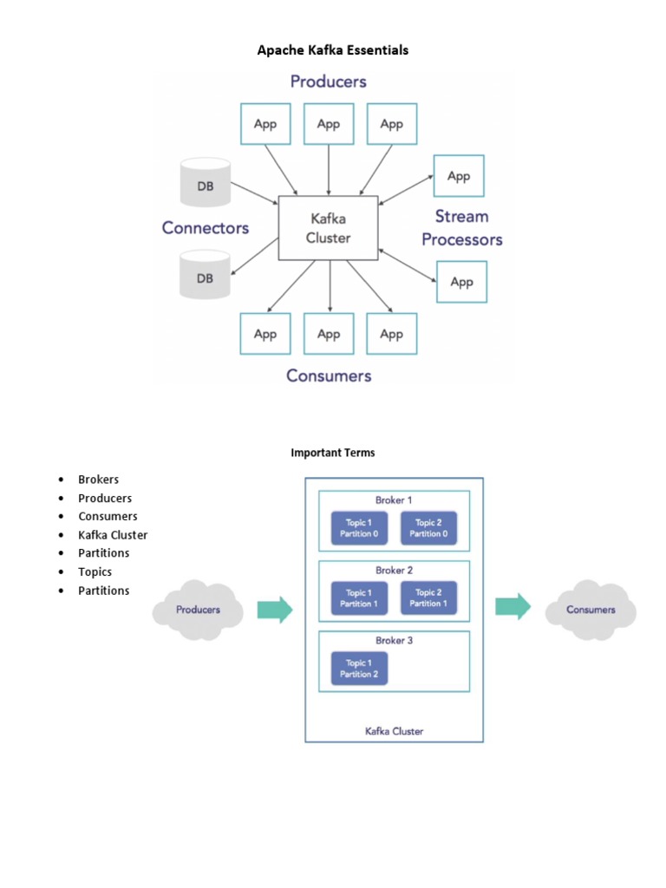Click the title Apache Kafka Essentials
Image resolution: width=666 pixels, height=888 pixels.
pos(332,50)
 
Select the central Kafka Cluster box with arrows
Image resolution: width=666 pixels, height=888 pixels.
pos(328,228)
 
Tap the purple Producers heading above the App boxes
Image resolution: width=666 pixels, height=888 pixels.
pos(328,82)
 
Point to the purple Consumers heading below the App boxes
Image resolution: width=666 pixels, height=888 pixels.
pos(329,375)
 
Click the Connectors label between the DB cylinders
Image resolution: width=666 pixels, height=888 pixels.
pos(206,228)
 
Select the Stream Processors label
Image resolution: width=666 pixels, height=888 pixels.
pos(461,228)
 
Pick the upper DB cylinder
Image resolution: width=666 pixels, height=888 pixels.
pos(205,183)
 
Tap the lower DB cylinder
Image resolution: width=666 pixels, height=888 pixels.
pos(205,275)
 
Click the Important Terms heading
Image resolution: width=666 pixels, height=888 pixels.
pos(333,453)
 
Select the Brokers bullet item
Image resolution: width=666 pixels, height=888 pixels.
pos(98,480)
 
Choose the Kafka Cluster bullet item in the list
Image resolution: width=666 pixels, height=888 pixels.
pos(113,535)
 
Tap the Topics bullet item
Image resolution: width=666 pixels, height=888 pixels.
pos(95,571)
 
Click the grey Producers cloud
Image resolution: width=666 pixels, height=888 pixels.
pos(198,610)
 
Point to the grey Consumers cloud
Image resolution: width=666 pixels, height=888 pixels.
pos(591,610)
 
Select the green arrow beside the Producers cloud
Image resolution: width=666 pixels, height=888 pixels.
pos(275,610)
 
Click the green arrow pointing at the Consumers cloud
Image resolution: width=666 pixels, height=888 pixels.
pos(513,606)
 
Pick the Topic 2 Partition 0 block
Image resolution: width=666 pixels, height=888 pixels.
pos(428,528)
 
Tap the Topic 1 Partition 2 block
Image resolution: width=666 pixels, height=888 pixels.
pos(359,669)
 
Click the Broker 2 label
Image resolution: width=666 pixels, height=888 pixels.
pos(394,571)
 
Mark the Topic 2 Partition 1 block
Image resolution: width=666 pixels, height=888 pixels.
pos(428,598)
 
